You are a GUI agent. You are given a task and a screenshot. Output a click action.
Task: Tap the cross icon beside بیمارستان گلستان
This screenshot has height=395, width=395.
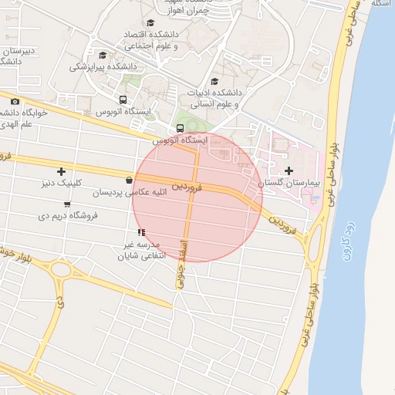(x=289, y=170)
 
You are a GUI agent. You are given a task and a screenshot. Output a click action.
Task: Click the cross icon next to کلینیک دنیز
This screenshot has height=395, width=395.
(x=61, y=171)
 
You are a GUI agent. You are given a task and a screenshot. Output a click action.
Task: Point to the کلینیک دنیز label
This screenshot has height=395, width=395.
(x=61, y=184)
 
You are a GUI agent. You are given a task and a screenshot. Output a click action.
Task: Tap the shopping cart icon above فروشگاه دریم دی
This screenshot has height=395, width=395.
(x=68, y=204)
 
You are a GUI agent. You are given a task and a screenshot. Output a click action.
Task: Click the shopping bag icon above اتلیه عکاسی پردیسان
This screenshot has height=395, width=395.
(x=117, y=181)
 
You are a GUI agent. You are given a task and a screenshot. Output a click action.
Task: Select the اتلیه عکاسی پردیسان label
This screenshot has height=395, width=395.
(x=120, y=192)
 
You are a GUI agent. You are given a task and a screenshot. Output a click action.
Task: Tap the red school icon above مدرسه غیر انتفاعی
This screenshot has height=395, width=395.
(x=140, y=232)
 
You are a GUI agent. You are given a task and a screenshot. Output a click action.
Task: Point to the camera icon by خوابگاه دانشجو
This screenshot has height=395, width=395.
(x=15, y=102)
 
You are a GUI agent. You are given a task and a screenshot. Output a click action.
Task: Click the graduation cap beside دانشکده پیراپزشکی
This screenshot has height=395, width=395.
(x=103, y=55)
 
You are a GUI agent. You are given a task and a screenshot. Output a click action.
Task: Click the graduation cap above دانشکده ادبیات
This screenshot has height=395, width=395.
(x=214, y=82)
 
